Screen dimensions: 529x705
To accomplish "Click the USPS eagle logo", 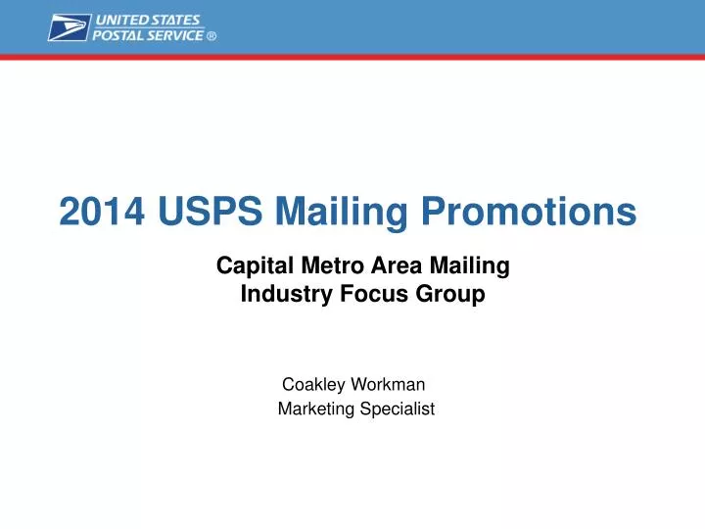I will (69, 26).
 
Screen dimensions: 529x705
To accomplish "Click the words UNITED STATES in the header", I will (148, 20).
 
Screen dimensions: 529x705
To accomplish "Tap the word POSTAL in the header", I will (118, 35).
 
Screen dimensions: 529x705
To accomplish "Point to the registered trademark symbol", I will (211, 36).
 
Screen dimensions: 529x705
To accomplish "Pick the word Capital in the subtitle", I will (250, 264).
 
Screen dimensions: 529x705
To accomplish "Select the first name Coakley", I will (312, 385).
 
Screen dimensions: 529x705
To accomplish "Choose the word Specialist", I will (395, 409).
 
